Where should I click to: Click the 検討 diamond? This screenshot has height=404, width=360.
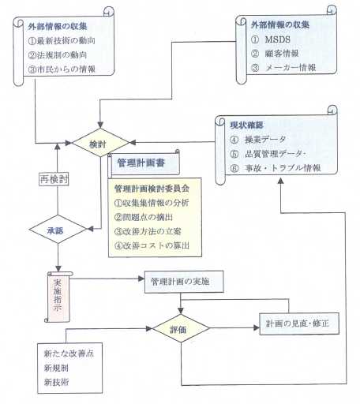coord(100,143)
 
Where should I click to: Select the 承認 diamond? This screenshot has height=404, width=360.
coord(58,230)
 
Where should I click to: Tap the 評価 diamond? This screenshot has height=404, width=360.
coord(181,328)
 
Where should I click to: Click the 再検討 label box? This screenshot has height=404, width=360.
coord(54,179)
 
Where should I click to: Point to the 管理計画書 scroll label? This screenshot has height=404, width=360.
coord(144,163)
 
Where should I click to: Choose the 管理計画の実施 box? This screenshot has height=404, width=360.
coord(184,282)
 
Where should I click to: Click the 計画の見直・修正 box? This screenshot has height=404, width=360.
coord(299,324)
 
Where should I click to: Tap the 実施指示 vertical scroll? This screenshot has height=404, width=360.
coord(58,297)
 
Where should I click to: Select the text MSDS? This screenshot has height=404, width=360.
coord(277,39)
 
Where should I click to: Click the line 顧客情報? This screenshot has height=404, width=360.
coord(282,54)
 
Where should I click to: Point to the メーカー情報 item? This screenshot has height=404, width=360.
coord(291,68)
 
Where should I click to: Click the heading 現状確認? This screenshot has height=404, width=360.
coord(246,125)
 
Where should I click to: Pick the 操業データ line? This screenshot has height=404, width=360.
coord(265,140)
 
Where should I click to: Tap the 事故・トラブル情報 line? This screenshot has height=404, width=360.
coord(283,168)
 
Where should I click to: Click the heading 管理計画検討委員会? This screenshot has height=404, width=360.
coord(152,189)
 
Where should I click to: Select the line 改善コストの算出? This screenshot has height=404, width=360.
coord(152,245)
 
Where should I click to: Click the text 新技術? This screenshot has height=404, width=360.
coord(57,382)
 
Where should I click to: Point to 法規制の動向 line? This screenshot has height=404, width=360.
coord(58,55)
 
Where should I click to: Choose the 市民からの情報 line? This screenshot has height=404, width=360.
coord(62,69)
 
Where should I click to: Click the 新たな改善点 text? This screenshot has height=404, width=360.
coord(69,353)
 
